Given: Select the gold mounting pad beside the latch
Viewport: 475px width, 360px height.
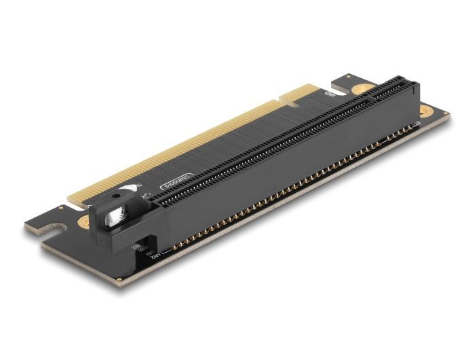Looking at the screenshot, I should (84, 222).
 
